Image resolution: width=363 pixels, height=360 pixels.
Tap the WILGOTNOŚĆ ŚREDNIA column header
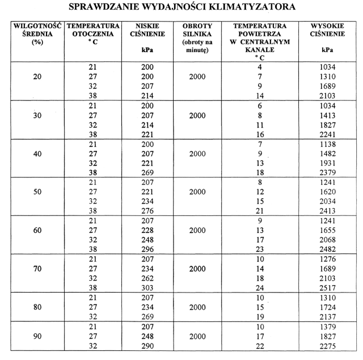[x=36, y=34]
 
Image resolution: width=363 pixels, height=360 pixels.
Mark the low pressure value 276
[x=146, y=211]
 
